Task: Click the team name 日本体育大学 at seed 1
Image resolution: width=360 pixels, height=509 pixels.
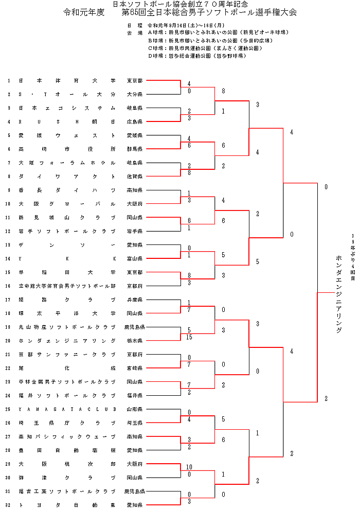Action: tap(67, 81)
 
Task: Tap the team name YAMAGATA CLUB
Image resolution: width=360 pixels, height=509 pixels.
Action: tap(67, 409)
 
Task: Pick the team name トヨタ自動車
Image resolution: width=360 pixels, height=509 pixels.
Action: tap(67, 505)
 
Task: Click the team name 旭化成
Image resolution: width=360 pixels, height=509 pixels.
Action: tap(67, 368)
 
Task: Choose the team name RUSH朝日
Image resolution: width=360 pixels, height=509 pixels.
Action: tap(67, 122)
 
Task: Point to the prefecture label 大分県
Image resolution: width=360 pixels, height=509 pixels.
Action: tap(135, 95)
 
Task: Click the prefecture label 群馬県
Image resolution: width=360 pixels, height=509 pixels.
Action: tap(135, 149)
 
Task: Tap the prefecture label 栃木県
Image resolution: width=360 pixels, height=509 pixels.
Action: tap(135, 341)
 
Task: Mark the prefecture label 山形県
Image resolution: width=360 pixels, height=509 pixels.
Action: tap(135, 409)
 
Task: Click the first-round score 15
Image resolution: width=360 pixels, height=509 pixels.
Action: tap(190, 337)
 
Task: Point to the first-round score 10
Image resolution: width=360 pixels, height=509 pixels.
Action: tap(189, 467)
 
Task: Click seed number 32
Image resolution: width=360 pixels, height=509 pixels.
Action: tap(8, 505)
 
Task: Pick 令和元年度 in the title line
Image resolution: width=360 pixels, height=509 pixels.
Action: tap(82, 12)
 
